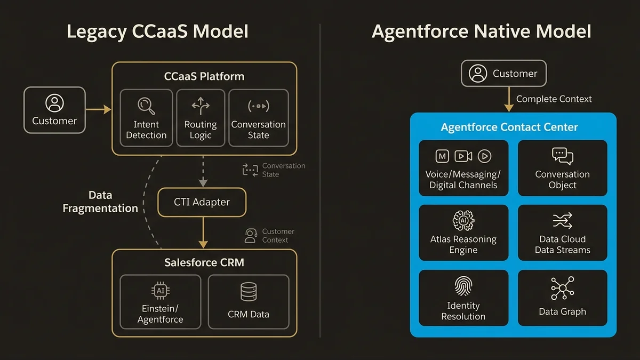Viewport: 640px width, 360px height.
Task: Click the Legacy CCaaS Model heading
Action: pos(157,31)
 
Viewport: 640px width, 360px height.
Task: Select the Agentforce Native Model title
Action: pos(481,31)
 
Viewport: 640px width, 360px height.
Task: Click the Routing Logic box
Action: pos(201,118)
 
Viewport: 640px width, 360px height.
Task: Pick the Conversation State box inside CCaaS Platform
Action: pos(258,118)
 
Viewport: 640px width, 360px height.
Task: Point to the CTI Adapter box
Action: pos(202,202)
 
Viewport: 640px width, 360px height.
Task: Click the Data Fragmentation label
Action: pos(100,202)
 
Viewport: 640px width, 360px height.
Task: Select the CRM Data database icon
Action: pos(249,292)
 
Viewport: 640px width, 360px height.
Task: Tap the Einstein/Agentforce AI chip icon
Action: pos(160,291)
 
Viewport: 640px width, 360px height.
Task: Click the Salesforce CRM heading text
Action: pos(204,262)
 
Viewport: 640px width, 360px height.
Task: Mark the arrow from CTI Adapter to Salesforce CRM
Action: pos(203,233)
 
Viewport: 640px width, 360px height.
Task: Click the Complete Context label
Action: pos(554,99)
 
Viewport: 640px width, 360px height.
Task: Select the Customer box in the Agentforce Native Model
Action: pos(503,74)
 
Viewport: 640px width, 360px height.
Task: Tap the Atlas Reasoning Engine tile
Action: pos(463,233)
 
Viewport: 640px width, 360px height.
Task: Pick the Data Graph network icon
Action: pos(562,288)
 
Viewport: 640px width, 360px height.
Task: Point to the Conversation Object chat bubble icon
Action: pos(562,156)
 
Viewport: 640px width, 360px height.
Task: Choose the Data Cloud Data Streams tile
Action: pos(562,233)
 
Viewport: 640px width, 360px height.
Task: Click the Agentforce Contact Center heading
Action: pos(509,127)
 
